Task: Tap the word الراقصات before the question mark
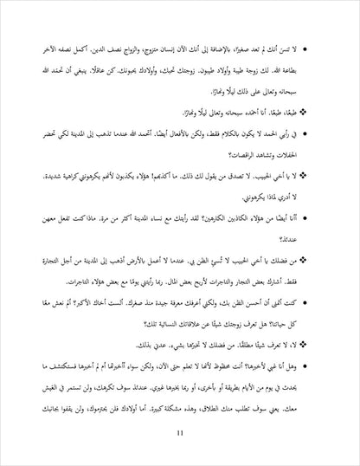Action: (239, 154)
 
